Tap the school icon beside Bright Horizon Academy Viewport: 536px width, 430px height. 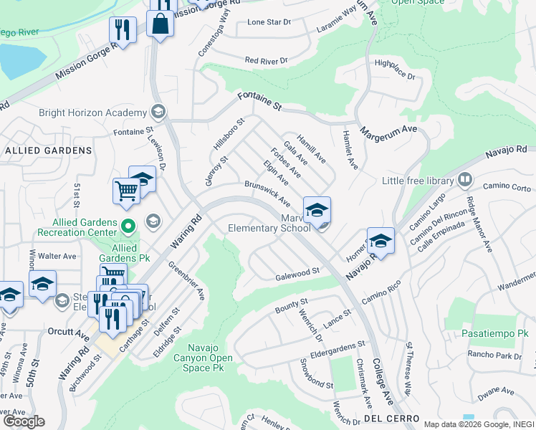158,112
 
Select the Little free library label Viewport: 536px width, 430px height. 419,181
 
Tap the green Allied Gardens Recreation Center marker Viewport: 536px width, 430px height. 128,228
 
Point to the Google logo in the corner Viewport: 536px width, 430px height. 24,421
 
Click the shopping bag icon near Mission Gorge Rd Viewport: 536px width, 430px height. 161,25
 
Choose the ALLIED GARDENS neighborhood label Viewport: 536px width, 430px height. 49,150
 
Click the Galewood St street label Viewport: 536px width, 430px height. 297,274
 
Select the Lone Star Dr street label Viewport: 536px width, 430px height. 269,22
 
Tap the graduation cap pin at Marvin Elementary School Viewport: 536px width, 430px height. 317,210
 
